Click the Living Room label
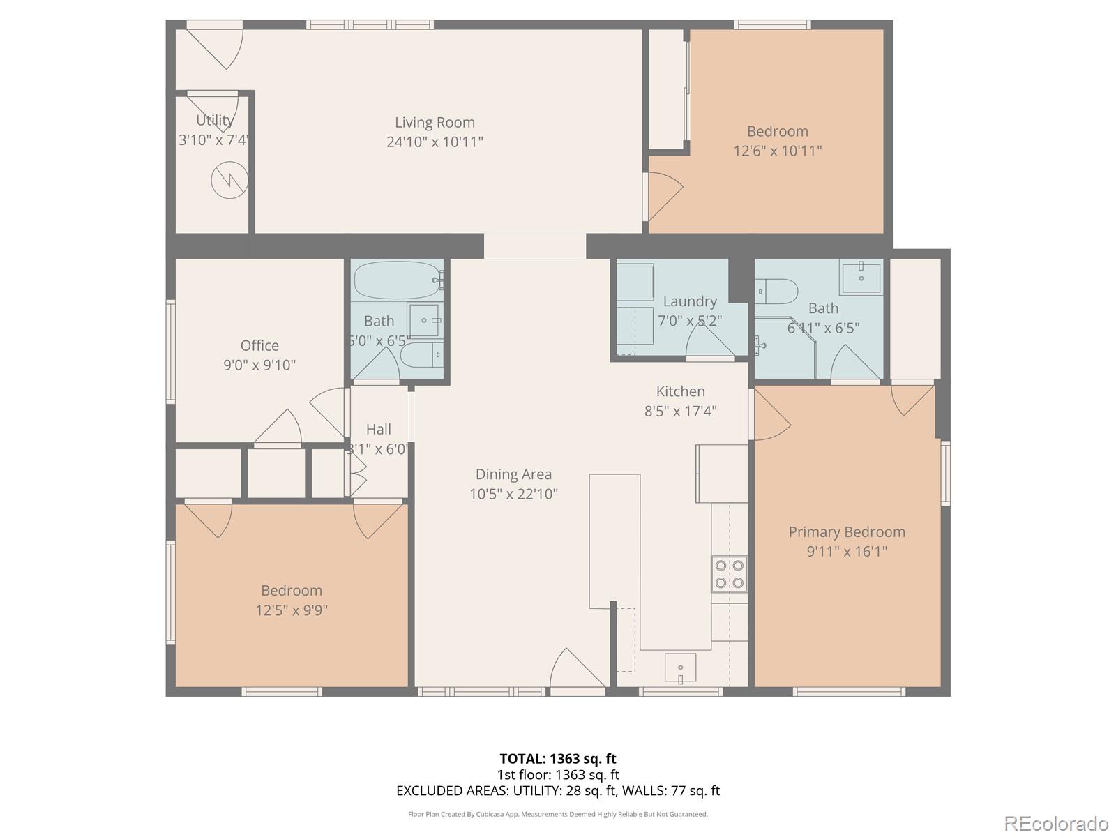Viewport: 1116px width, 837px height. (435, 123)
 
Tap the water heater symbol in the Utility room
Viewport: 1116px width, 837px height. (229, 180)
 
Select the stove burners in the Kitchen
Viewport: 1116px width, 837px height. (729, 574)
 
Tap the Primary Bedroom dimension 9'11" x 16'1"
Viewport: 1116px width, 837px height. (847, 552)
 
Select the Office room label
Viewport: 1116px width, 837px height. (259, 345)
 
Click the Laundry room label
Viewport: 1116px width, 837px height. (690, 301)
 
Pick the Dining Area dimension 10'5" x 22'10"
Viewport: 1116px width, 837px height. (513, 495)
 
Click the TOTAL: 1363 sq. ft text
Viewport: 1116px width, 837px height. (557, 758)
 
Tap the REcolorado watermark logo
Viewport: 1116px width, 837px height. (1056, 823)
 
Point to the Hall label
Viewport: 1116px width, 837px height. (378, 429)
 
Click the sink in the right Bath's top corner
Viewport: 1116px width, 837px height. (861, 277)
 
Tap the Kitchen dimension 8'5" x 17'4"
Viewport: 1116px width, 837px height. (680, 412)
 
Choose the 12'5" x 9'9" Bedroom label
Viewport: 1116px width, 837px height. (292, 591)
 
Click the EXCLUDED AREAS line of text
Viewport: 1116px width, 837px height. (557, 790)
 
